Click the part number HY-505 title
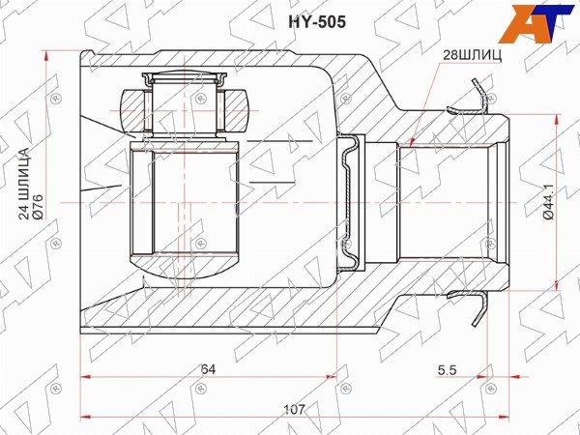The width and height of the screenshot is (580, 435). pyautogui.click(x=317, y=22)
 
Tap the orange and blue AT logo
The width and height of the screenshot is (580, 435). pyautogui.click(x=535, y=23)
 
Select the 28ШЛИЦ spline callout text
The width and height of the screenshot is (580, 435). pyautogui.click(x=473, y=55)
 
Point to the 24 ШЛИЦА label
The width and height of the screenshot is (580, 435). pyautogui.click(x=24, y=184)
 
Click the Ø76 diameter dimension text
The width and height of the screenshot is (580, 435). pyautogui.click(x=39, y=207)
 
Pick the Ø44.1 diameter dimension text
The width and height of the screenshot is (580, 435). pyautogui.click(x=549, y=202)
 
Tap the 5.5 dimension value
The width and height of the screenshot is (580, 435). pyautogui.click(x=448, y=370)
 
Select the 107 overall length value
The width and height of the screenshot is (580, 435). pyautogui.click(x=295, y=410)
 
